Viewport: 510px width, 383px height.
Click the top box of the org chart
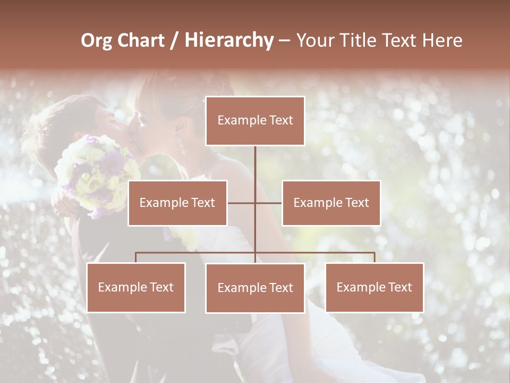[255, 121]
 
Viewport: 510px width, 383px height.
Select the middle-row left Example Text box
[177, 203]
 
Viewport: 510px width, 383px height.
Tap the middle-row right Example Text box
[331, 203]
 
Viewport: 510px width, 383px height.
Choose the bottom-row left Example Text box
[136, 287]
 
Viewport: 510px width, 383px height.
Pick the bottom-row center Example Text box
[255, 288]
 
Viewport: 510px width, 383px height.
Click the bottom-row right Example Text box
[374, 287]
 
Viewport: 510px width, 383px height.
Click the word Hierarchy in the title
[229, 40]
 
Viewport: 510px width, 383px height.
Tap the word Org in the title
[96, 40]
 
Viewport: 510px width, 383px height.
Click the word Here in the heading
[443, 40]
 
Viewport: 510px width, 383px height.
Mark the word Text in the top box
[281, 120]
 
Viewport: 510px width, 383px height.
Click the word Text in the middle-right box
[358, 203]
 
